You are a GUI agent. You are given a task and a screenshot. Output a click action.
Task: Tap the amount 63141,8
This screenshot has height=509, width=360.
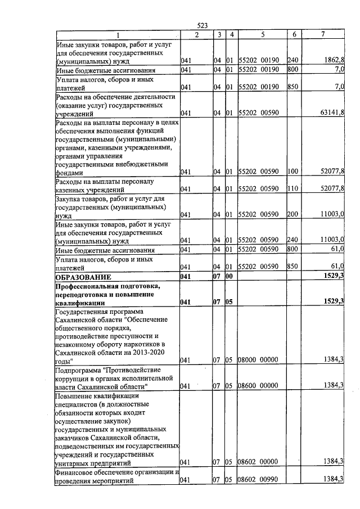click(331, 112)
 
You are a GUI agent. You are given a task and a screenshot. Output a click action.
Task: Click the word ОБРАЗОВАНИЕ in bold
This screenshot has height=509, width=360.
click(83, 277)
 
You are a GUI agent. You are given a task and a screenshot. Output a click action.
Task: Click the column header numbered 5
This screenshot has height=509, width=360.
click(263, 34)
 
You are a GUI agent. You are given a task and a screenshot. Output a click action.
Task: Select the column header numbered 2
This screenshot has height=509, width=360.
click(196, 34)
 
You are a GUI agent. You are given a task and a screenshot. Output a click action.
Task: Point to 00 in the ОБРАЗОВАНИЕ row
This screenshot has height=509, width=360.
click(229, 277)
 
